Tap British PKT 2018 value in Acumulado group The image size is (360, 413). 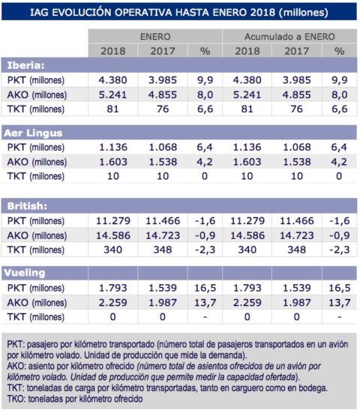coord(248,219)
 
